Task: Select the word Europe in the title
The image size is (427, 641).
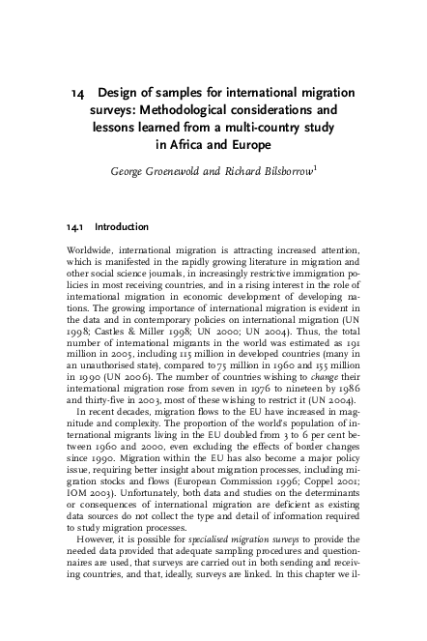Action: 251,145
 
